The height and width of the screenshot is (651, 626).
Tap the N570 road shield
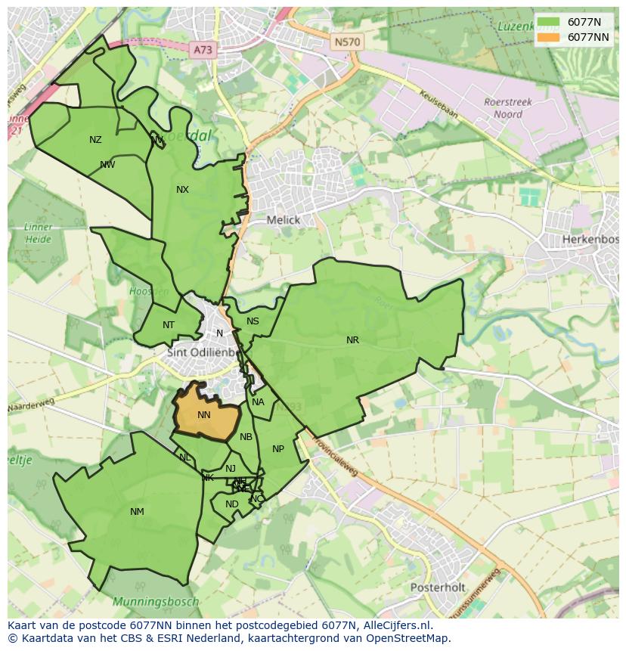click(347, 42)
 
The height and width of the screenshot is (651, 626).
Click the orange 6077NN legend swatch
click(550, 37)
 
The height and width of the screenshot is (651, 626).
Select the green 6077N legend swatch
click(550, 22)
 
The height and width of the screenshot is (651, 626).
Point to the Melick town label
click(284, 220)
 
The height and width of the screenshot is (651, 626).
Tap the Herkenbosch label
click(590, 240)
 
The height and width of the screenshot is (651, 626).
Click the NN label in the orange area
click(204, 415)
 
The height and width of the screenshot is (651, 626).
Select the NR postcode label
click(352, 340)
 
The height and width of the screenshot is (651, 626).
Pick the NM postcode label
click(137, 512)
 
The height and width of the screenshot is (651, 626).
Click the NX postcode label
click(182, 190)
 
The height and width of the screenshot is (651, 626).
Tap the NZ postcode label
click(95, 140)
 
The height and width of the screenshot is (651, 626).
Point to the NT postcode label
click(169, 326)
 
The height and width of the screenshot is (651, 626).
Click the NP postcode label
click(278, 449)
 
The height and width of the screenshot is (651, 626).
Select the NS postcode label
click(253, 321)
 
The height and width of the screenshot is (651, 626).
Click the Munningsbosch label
click(156, 602)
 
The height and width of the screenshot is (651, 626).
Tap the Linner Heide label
click(38, 234)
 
